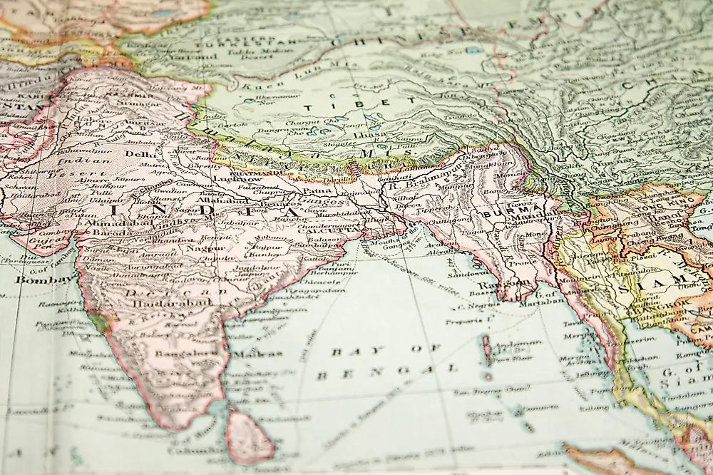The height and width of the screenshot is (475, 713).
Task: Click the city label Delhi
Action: (x=140, y=153)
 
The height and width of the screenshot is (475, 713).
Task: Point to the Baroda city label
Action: (x=98, y=233)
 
